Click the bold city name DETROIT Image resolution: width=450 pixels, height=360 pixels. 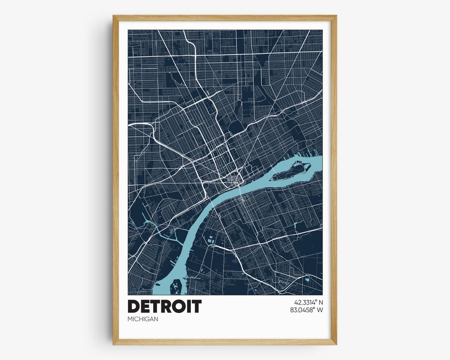point(165,306)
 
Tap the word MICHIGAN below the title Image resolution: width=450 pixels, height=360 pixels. point(143,319)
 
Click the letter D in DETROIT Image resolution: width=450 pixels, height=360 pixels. point(135,306)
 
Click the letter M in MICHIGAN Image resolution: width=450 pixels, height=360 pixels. point(130,319)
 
